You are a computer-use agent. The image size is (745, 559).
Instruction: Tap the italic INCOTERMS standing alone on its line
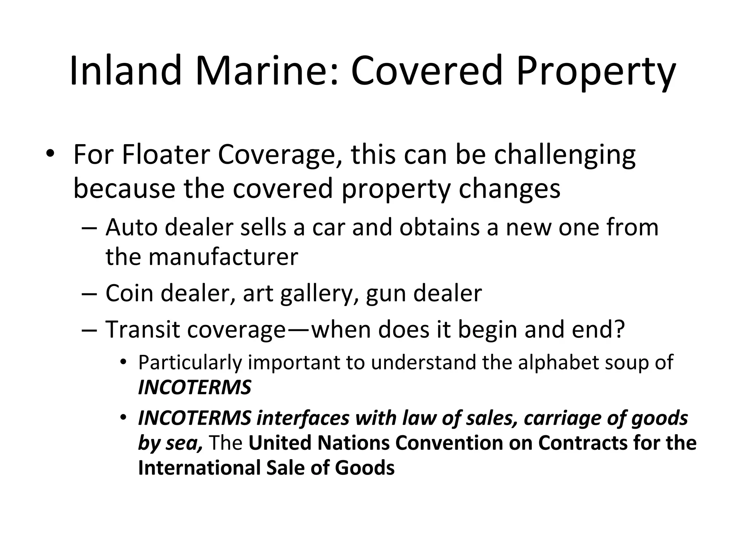coord(195,387)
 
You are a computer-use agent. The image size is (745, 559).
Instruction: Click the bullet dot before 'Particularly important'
coord(124,362)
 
